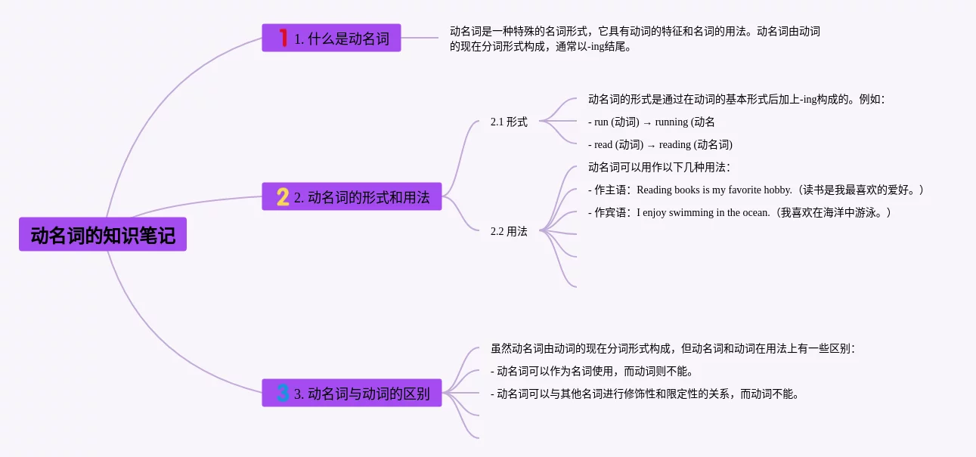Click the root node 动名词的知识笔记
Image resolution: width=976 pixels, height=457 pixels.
coord(103,235)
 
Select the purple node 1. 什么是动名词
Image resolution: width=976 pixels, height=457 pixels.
coord(331,39)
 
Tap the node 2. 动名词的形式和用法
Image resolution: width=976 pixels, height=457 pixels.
coord(352,197)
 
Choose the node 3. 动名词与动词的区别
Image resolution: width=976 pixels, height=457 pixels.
coord(352,393)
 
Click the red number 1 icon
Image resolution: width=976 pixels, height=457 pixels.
coord(284,38)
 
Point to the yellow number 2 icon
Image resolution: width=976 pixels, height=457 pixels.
coord(283,197)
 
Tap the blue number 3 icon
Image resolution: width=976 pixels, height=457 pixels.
coord(283,393)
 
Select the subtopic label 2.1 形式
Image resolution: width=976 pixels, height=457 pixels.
coord(509,122)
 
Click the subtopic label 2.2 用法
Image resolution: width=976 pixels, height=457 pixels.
coord(509,231)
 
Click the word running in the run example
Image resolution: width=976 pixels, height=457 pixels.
coord(671,122)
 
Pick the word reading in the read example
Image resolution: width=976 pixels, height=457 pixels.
coord(675,145)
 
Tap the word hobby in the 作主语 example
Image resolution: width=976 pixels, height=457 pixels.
coord(778,190)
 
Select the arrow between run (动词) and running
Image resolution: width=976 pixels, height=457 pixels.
coord(646,122)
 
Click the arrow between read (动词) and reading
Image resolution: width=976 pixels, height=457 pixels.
coord(651,145)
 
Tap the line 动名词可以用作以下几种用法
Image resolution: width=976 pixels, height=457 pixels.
coord(658,167)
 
